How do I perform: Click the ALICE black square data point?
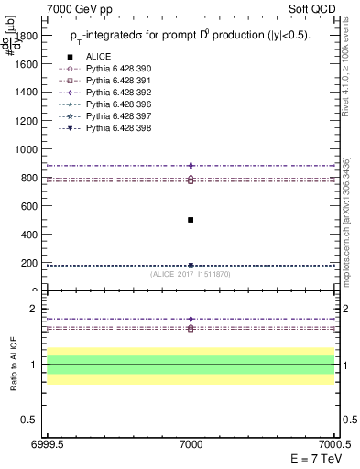pyautogui.click(x=191, y=220)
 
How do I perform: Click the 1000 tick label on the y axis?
pyautogui.click(x=26, y=149)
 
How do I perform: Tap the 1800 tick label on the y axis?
pyautogui.click(x=26, y=36)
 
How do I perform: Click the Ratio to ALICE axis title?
pyautogui.click(x=14, y=365)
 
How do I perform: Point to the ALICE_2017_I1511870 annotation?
pyautogui.click(x=191, y=274)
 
